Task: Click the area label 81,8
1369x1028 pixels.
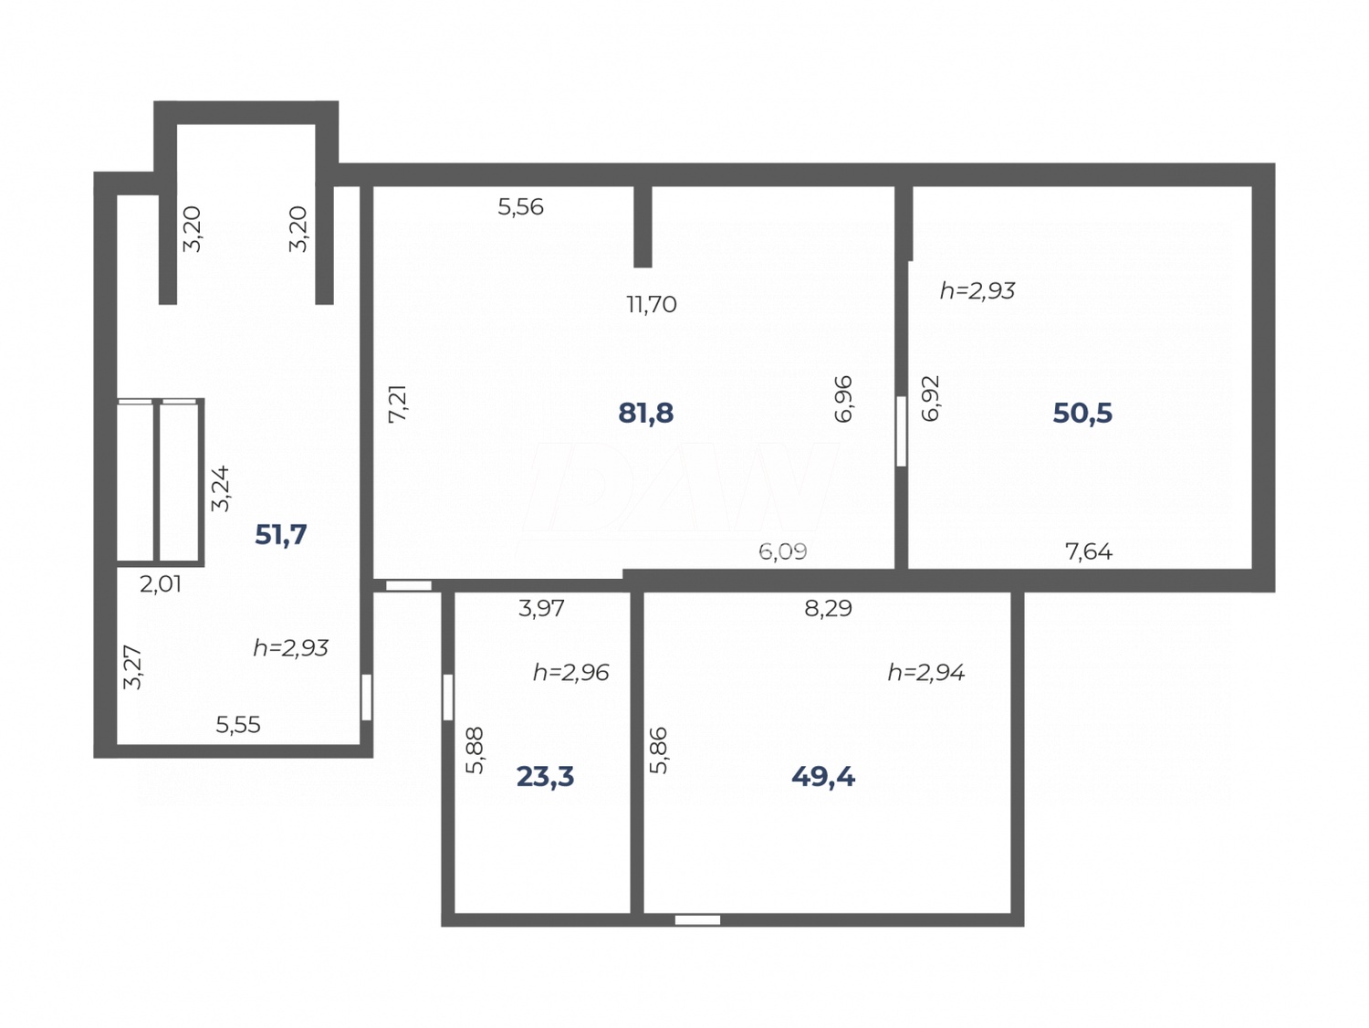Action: (645, 413)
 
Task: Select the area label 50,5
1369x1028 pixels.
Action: (1082, 413)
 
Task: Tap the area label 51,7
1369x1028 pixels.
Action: (280, 534)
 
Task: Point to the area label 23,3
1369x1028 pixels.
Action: (545, 776)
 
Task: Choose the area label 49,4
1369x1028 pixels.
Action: (823, 776)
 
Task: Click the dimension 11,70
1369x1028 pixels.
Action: (651, 304)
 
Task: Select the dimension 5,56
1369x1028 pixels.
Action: (520, 207)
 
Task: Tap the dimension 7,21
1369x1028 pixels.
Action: (398, 403)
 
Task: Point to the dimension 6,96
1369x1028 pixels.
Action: (843, 399)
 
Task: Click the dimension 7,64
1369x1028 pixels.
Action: (1089, 551)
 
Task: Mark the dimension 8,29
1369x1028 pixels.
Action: (828, 608)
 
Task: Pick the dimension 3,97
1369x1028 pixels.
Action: (541, 608)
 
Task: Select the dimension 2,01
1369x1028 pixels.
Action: (161, 584)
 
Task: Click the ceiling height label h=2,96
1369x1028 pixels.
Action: (570, 673)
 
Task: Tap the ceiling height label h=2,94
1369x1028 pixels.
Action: (925, 673)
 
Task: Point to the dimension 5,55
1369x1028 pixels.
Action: (238, 725)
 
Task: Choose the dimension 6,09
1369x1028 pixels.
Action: (782, 551)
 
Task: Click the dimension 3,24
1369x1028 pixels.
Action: (221, 488)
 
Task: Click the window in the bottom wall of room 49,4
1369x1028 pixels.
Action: (697, 919)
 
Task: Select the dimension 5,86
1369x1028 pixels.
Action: (658, 750)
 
